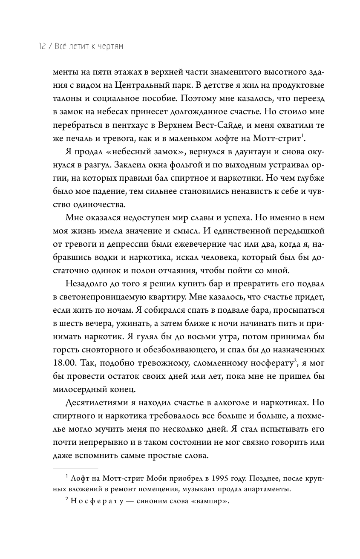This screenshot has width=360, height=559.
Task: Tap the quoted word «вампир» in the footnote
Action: click(x=210, y=502)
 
